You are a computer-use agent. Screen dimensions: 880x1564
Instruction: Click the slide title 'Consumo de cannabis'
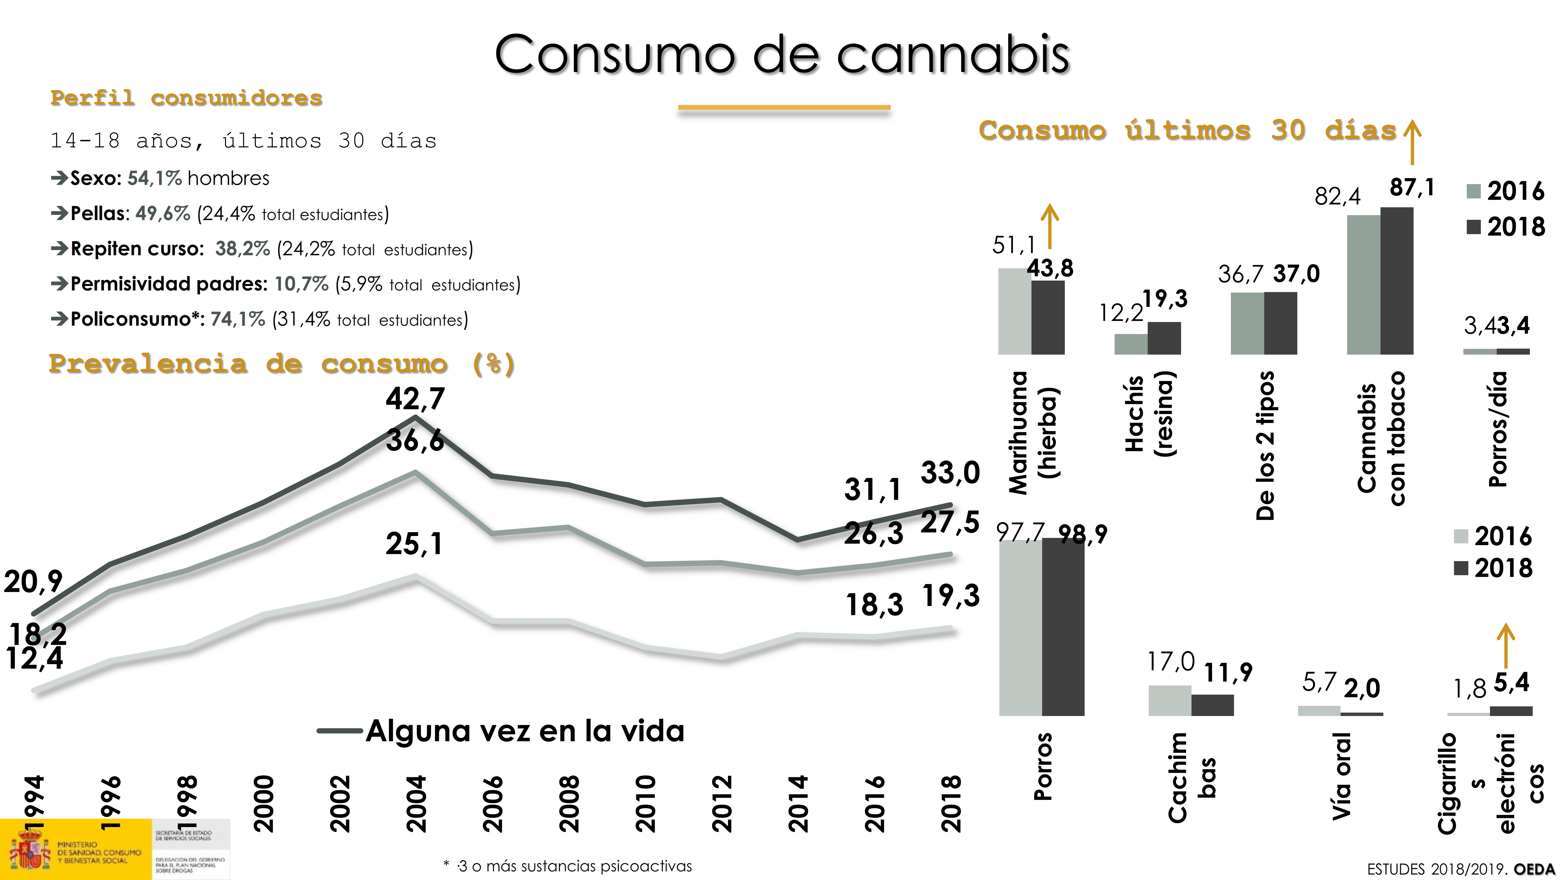[x=782, y=55]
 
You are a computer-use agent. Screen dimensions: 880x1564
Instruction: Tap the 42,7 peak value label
[x=415, y=399]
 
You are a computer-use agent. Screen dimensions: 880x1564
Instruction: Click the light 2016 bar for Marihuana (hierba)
[x=1015, y=311]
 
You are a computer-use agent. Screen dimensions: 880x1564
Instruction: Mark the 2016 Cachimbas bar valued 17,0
[x=1169, y=700]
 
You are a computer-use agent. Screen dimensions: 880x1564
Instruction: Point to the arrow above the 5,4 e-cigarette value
[x=1506, y=646]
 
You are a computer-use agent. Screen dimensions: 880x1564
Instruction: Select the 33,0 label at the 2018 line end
[x=950, y=473]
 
